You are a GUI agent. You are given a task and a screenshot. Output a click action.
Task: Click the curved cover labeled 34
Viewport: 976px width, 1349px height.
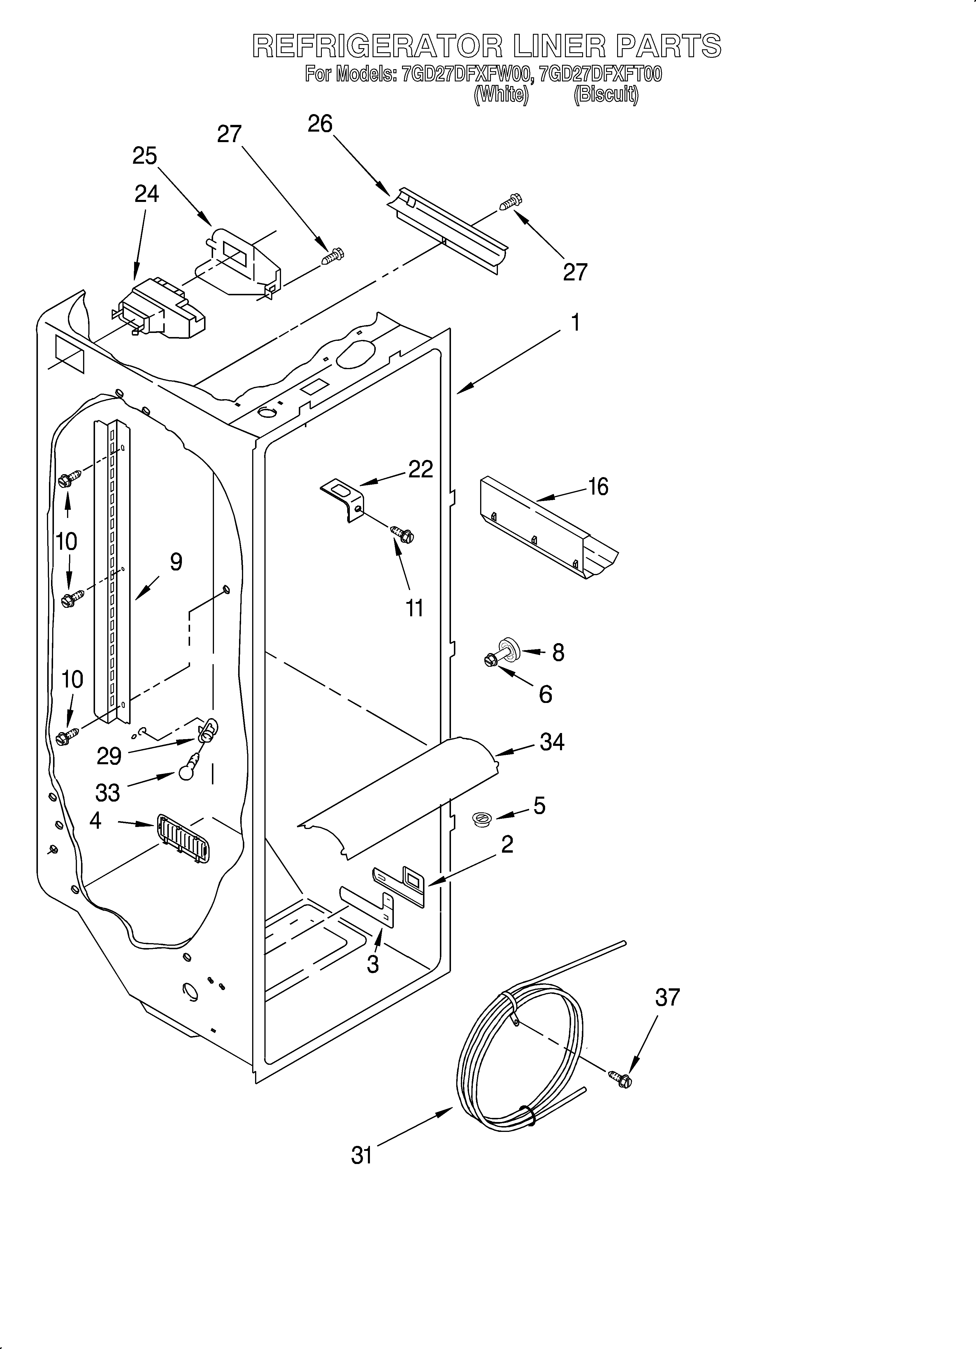pos(398,797)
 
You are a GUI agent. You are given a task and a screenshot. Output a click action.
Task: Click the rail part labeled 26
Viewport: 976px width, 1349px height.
pos(452,232)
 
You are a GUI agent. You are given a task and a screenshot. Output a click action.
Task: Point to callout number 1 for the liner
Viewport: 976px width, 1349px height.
pos(575,323)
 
